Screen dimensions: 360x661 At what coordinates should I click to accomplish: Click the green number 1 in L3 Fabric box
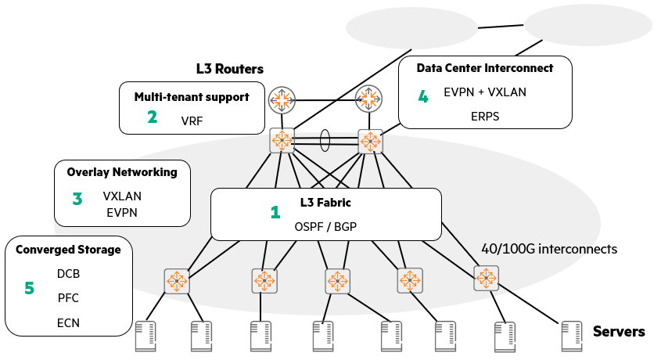click(x=275, y=212)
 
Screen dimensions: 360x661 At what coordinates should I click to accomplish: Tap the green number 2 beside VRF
click(x=153, y=117)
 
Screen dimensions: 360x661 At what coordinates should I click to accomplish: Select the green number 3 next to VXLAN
click(x=77, y=199)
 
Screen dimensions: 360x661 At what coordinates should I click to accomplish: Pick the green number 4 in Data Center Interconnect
click(x=423, y=97)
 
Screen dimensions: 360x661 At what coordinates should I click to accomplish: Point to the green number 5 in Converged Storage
click(x=30, y=288)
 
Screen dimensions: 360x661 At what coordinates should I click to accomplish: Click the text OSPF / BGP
click(x=326, y=226)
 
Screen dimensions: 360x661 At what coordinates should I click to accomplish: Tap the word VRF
click(x=192, y=121)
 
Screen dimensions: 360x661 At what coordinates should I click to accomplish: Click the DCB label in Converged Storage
click(x=68, y=274)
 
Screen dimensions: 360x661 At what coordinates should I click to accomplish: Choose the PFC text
click(x=68, y=298)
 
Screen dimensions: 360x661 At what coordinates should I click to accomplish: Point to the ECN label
click(x=68, y=322)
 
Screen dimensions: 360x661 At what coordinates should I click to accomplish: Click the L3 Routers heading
click(x=229, y=69)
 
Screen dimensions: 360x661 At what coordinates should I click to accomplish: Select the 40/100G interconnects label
click(x=549, y=249)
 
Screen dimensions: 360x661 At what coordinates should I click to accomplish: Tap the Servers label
click(x=618, y=332)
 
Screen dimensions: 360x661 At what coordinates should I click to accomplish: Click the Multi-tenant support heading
click(x=192, y=97)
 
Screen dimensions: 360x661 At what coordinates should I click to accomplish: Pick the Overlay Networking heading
click(x=122, y=172)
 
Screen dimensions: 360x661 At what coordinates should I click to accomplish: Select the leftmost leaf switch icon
click(x=177, y=281)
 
